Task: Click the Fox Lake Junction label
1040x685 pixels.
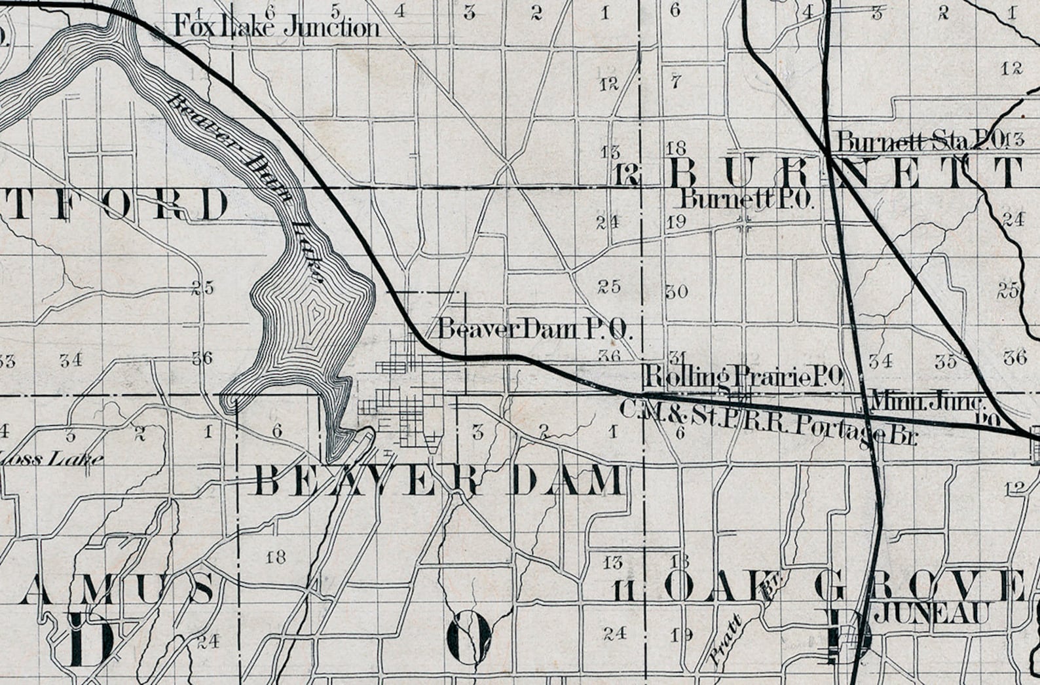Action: (x=276, y=27)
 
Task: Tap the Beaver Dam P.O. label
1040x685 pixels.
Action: (x=534, y=329)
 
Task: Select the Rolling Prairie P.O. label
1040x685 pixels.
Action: (x=743, y=377)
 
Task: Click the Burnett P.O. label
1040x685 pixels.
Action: (x=747, y=199)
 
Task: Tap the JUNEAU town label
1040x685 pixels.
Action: (x=938, y=614)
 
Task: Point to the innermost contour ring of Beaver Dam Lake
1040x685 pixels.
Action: (x=316, y=315)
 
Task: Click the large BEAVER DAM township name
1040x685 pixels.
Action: (x=439, y=481)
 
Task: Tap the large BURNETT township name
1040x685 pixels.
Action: (x=845, y=174)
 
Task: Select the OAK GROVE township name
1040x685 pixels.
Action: (x=845, y=586)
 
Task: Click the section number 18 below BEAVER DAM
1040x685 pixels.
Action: (x=276, y=557)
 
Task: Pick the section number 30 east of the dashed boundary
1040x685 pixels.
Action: (x=677, y=291)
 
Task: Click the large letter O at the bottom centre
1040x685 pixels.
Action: (x=469, y=638)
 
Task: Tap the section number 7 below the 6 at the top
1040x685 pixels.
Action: (x=676, y=82)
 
